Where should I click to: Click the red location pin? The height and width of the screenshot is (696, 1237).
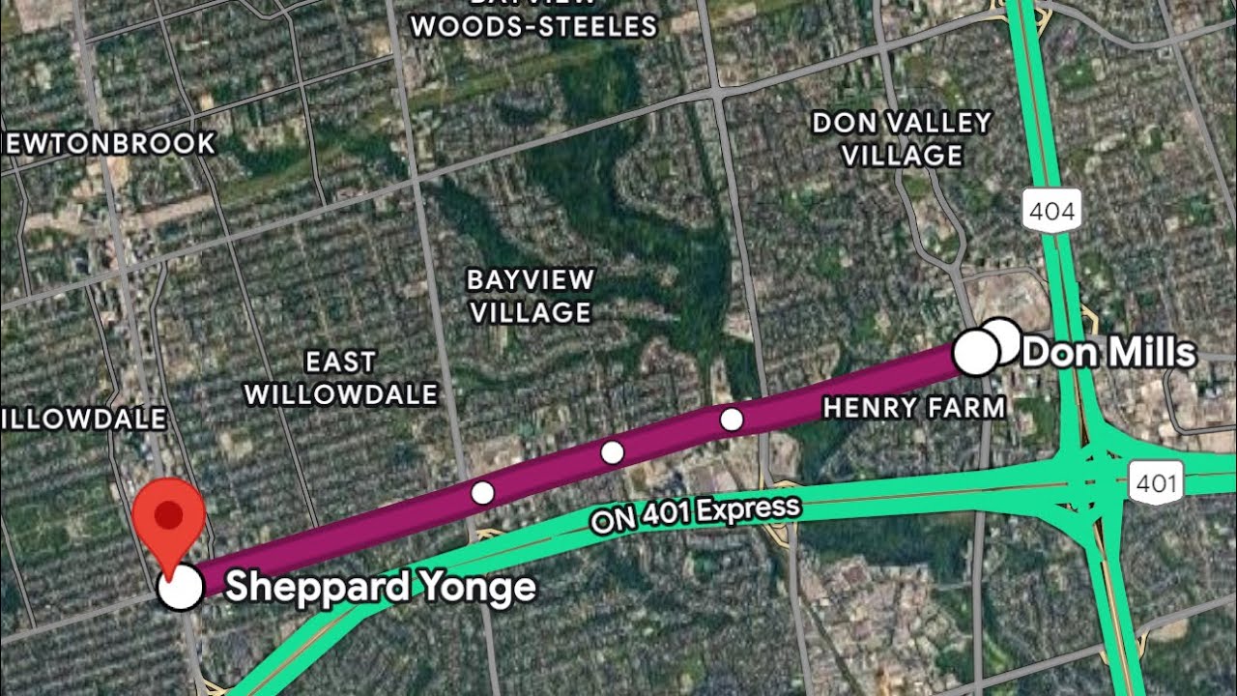(x=169, y=522)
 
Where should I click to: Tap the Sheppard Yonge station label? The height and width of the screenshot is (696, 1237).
(x=380, y=587)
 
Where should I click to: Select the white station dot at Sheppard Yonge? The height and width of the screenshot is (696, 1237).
(x=180, y=587)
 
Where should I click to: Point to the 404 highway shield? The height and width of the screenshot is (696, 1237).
(x=1051, y=212)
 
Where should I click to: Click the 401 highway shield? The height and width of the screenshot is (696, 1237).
(x=1156, y=481)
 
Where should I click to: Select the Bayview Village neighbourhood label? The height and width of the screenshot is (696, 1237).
(x=530, y=296)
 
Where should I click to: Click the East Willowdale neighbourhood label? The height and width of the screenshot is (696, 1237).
(x=340, y=378)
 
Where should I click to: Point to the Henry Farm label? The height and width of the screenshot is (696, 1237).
(x=913, y=408)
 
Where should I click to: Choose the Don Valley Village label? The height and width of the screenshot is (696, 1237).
(x=902, y=138)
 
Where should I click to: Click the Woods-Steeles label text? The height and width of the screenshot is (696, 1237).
(x=533, y=26)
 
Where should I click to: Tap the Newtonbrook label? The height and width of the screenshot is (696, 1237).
(x=108, y=144)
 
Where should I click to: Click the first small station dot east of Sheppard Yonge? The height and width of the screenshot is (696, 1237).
(x=482, y=493)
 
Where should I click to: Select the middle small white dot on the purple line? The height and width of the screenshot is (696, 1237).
(x=612, y=451)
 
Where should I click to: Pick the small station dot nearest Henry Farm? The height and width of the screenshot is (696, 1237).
(x=732, y=420)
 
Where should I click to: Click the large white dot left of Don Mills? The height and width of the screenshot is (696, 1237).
(x=976, y=354)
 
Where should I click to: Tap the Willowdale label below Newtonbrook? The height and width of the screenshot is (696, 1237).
(x=85, y=419)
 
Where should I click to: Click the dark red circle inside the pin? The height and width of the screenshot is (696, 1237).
(x=169, y=513)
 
